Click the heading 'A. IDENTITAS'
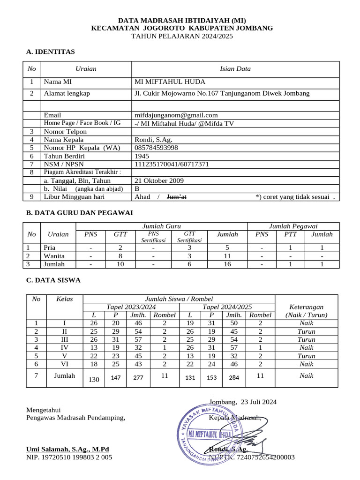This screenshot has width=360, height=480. [51, 52]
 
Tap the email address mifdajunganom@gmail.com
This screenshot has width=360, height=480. [176, 115]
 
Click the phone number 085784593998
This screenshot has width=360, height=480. [156, 148]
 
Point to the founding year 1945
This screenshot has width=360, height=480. [142, 156]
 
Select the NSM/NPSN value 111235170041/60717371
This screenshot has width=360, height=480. [172, 164]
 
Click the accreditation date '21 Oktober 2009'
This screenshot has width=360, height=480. [159, 180]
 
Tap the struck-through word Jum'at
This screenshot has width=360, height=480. [177, 197]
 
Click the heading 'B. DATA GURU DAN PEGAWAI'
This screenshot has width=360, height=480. [79, 213]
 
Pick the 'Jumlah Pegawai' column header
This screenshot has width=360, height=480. [292, 226]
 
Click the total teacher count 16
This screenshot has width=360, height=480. [227, 264]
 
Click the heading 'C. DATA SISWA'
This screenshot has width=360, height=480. [53, 280]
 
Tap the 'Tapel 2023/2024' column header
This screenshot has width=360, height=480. [131, 307]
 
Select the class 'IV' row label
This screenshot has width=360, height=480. [65, 348]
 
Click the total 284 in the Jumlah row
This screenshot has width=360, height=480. [233, 377]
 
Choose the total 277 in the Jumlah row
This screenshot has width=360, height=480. [137, 377]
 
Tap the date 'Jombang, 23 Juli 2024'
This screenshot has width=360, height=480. [243, 402]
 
